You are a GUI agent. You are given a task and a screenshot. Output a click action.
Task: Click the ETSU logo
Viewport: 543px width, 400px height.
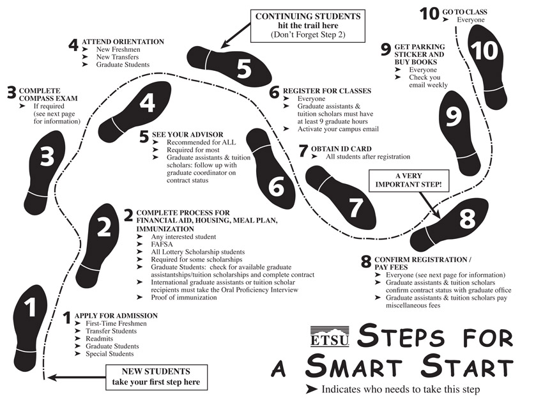tap(330, 336)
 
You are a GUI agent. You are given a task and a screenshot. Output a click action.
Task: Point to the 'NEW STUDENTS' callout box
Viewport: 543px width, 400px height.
tap(156, 377)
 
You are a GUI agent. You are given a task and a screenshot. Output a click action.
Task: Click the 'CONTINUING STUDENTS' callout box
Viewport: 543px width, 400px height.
tap(308, 26)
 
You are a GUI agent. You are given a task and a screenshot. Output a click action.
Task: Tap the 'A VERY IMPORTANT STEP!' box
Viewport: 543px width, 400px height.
tap(409, 180)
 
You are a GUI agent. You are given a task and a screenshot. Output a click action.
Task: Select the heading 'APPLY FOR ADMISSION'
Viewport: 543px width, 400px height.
tap(116, 316)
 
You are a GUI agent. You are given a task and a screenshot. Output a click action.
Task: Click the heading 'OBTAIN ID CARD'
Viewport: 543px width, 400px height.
tap(341, 149)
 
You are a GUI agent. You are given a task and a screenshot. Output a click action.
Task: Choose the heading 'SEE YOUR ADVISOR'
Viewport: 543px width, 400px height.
tap(188, 135)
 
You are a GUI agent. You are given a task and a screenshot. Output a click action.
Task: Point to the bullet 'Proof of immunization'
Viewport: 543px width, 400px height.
tap(184, 298)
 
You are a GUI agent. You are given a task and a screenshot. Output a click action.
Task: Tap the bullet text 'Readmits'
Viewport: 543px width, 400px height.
tap(100, 339)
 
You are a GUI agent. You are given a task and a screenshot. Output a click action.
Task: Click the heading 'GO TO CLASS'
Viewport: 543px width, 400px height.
tap(464, 12)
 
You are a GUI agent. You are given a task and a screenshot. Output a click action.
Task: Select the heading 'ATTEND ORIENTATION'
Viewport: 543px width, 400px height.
tap(123, 42)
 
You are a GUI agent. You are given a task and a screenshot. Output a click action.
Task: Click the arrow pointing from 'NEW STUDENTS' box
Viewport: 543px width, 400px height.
tap(77, 377)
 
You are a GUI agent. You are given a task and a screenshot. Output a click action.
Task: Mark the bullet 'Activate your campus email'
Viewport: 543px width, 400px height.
tap(339, 129)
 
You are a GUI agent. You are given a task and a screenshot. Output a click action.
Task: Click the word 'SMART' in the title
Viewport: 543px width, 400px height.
tap(354, 365)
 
